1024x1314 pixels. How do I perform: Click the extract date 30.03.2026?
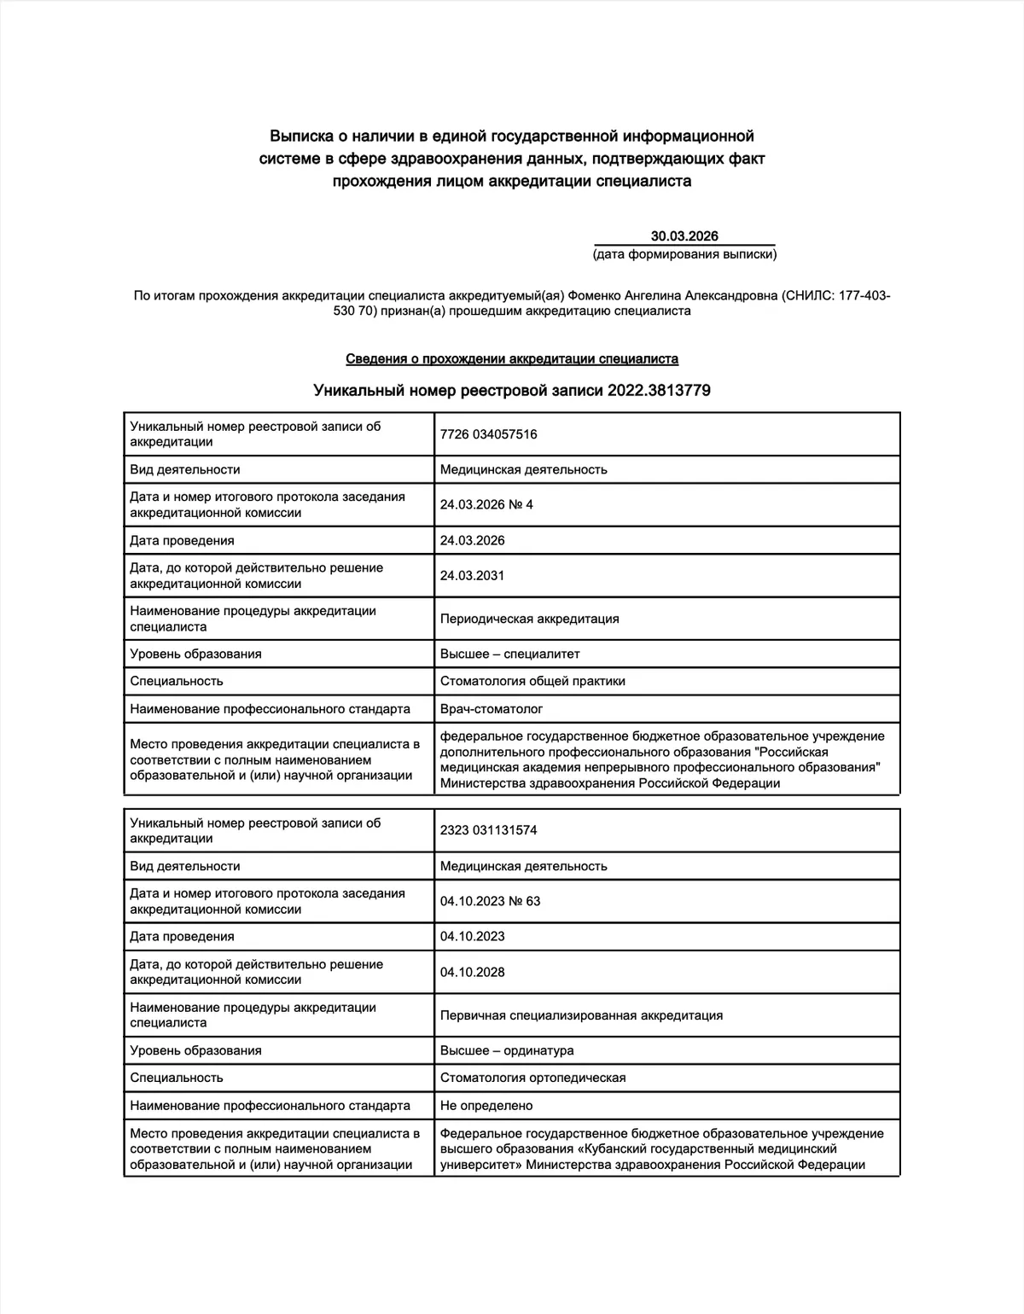coord(684,236)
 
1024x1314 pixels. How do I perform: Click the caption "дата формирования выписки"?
coord(684,254)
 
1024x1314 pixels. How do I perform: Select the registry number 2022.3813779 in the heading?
coord(659,391)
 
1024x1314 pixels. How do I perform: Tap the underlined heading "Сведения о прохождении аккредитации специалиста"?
coord(512,359)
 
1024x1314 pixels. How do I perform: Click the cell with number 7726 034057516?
coord(488,434)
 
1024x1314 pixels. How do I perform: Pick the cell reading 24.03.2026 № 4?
coord(486,505)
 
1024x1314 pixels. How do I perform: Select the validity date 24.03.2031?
coord(472,576)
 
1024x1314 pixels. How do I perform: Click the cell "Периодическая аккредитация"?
coord(529,619)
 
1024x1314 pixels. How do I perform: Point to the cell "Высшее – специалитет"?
coord(509,654)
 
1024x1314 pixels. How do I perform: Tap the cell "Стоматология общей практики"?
coord(532,682)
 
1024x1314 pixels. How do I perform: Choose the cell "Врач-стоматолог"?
coord(491,709)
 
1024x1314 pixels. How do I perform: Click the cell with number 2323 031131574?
coord(488,830)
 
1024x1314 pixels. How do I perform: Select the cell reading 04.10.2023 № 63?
coord(490,901)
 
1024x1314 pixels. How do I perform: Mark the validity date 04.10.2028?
coord(472,972)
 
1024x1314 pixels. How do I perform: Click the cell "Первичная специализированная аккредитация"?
coord(581,1015)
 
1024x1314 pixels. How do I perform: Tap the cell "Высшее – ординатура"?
coord(507,1050)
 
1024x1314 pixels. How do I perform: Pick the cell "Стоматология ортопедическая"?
coord(532,1078)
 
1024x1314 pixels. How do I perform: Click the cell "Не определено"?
coord(486,1106)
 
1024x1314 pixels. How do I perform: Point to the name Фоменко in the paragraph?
coord(594,296)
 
